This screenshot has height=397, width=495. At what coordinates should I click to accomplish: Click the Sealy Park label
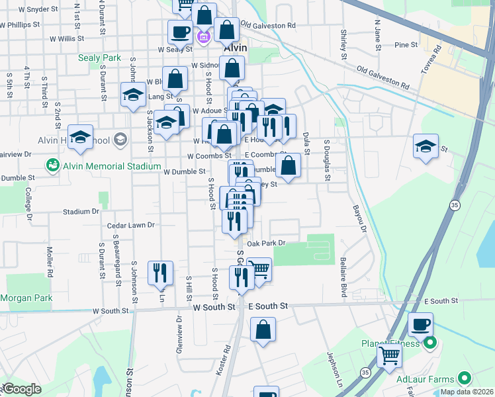pos(99,58)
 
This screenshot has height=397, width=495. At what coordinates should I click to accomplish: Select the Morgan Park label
pos(26,298)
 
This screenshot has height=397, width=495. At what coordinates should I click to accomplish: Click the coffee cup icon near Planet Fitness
pos(420,326)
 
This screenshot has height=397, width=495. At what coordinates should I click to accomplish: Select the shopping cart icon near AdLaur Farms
pos(390,356)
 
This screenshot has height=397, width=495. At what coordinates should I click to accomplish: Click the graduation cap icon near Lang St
pos(133,94)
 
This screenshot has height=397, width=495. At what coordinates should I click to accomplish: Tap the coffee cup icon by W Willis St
pos(180,32)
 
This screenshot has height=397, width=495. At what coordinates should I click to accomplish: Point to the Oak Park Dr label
pos(265,243)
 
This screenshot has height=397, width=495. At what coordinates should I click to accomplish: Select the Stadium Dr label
pos(81,212)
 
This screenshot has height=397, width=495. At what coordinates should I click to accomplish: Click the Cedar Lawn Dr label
pos(130,225)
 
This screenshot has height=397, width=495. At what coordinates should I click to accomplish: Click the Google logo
pos(21,389)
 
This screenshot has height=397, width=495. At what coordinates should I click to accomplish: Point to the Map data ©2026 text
pos(467,392)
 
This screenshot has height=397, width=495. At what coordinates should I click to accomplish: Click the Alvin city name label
pos(234,48)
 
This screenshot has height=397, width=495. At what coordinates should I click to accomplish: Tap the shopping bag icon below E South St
pos(263,329)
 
